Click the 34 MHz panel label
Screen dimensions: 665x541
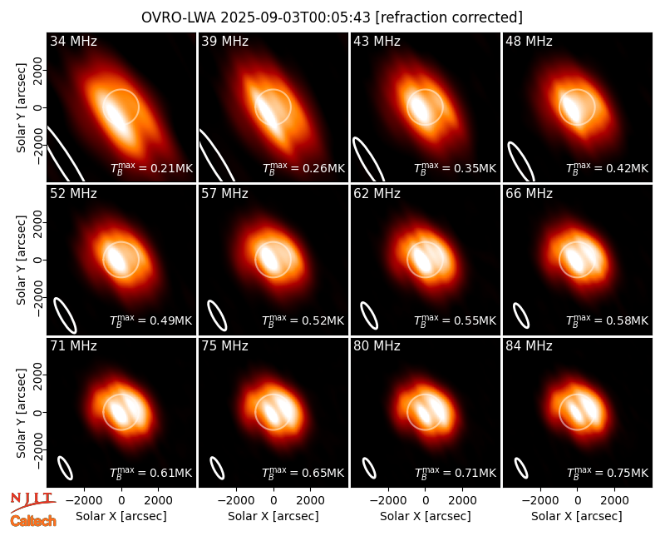73,41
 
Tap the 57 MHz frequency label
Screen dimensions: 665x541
224,194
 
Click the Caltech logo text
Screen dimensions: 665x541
33,521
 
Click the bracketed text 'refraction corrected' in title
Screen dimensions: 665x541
449,17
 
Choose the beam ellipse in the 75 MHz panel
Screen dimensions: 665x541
217,468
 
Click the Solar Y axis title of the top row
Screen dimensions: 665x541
22,108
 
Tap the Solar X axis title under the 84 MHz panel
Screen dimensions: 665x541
577,516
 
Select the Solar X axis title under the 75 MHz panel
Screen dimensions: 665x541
273,516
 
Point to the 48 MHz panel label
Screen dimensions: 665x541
529,41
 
